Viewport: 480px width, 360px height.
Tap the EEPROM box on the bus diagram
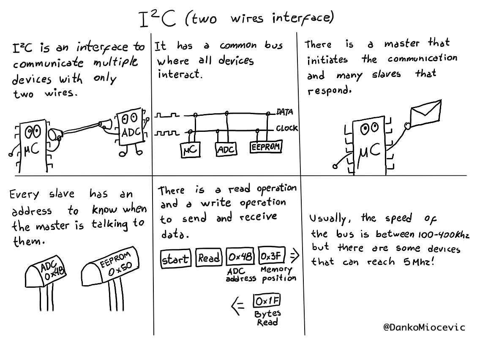tap(266, 147)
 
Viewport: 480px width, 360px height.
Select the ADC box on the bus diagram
tap(226, 149)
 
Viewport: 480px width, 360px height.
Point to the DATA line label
tap(285, 112)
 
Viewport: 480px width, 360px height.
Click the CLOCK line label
tap(287, 128)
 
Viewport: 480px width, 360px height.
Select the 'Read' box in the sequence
tap(209, 258)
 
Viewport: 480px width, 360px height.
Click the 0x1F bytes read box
tap(267, 301)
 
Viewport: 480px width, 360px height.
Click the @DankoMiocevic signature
tap(424, 327)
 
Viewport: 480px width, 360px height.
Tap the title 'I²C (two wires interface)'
tap(237, 19)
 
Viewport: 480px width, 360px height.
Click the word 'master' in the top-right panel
tap(401, 44)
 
